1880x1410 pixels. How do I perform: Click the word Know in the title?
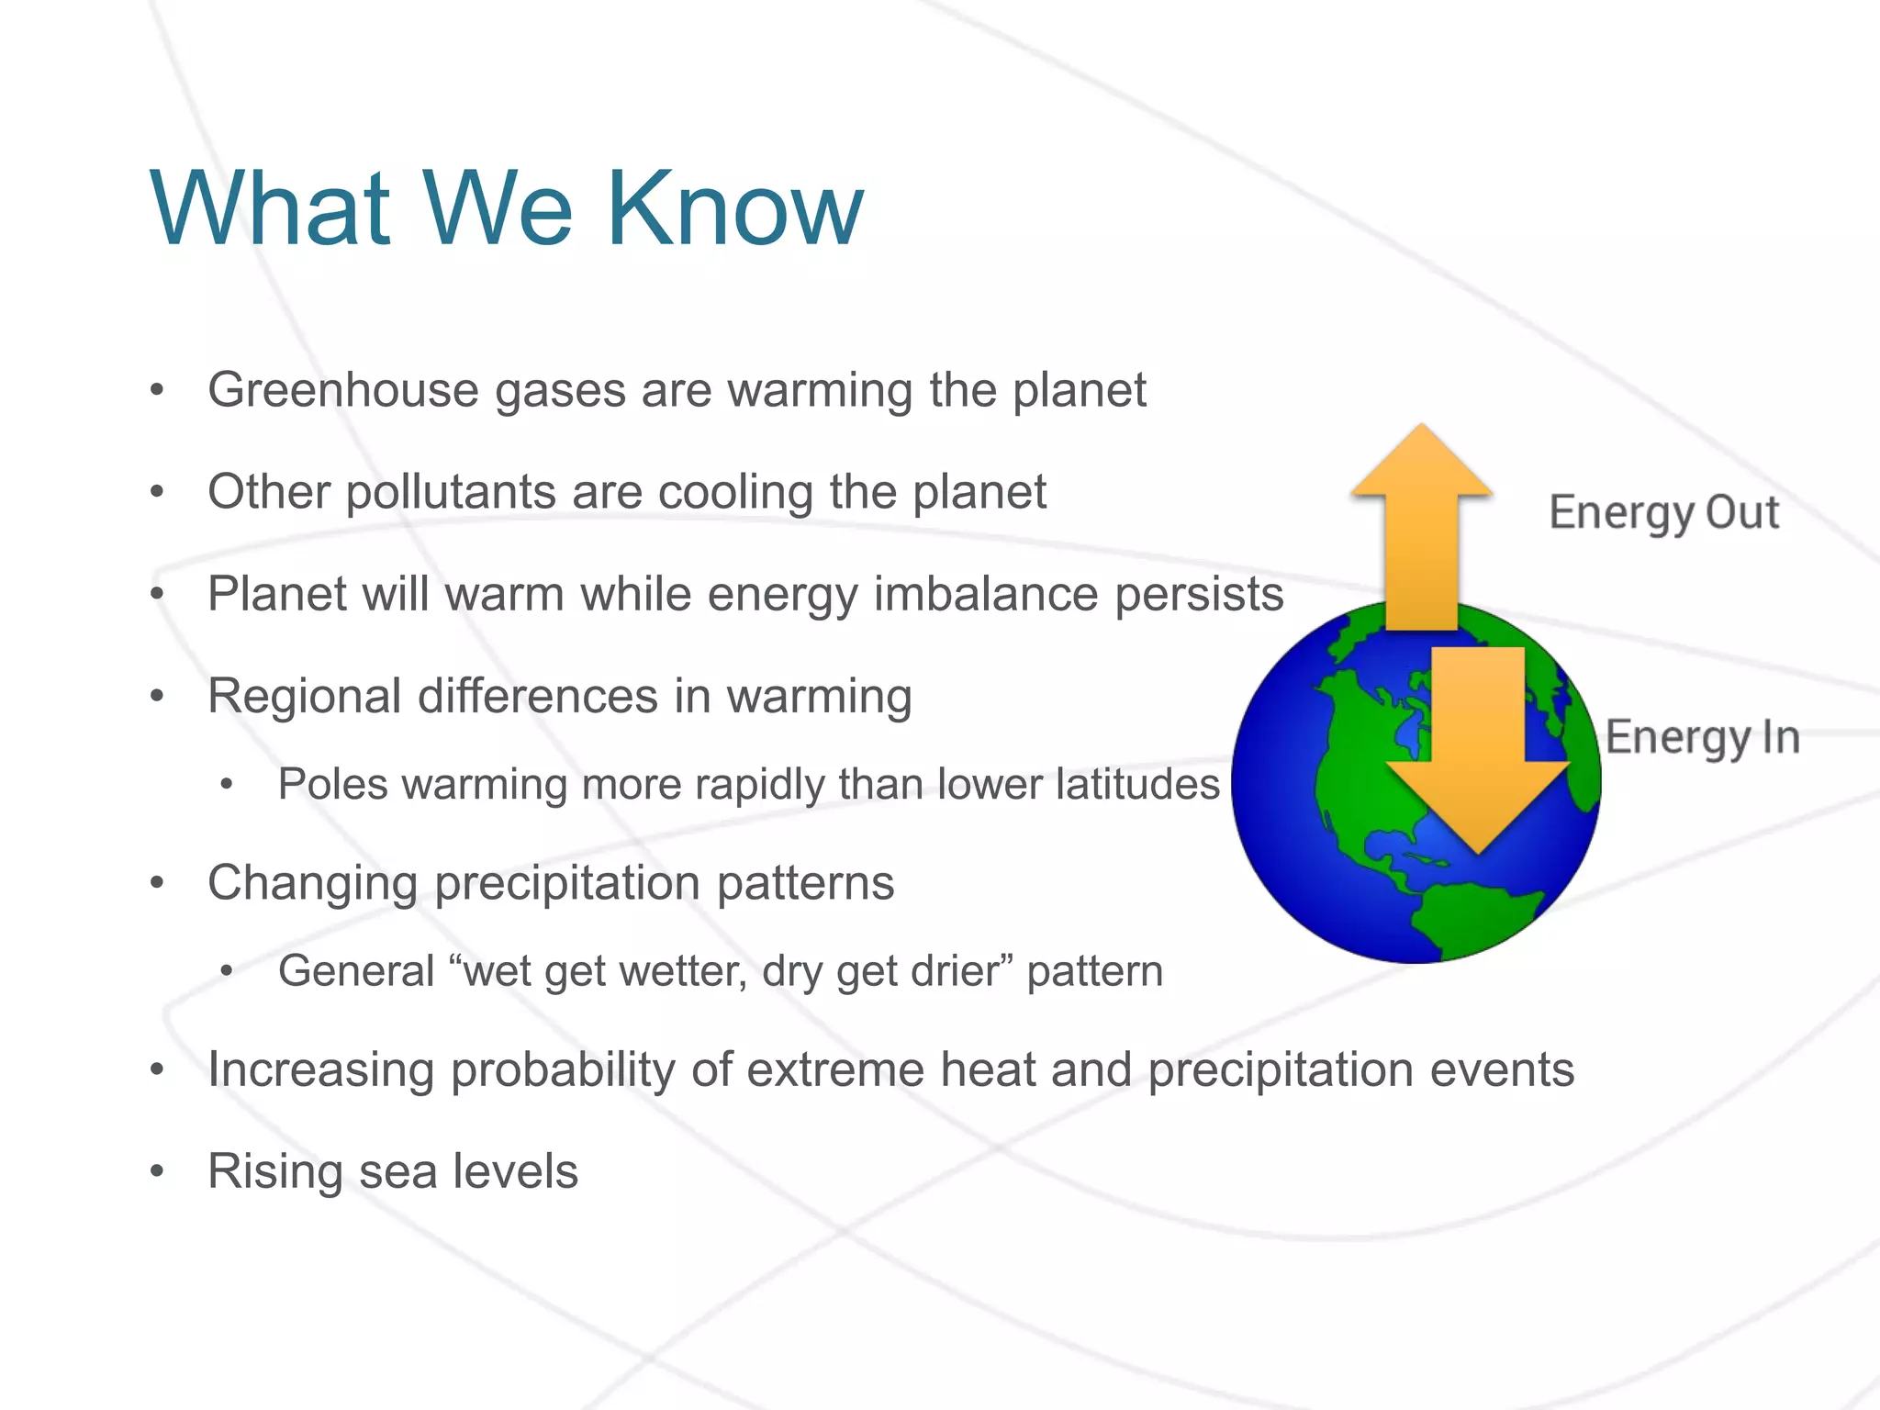coord(734,208)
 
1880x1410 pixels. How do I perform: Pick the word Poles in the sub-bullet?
coord(333,785)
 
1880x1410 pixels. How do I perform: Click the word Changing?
coord(312,884)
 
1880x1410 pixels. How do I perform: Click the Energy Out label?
coord(1663,513)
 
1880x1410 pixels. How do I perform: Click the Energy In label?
coord(1703,738)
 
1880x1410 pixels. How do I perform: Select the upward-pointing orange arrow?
coord(1421,532)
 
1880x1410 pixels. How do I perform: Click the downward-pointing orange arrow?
coord(1478,753)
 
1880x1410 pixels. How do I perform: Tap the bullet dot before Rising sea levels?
coord(158,1172)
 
